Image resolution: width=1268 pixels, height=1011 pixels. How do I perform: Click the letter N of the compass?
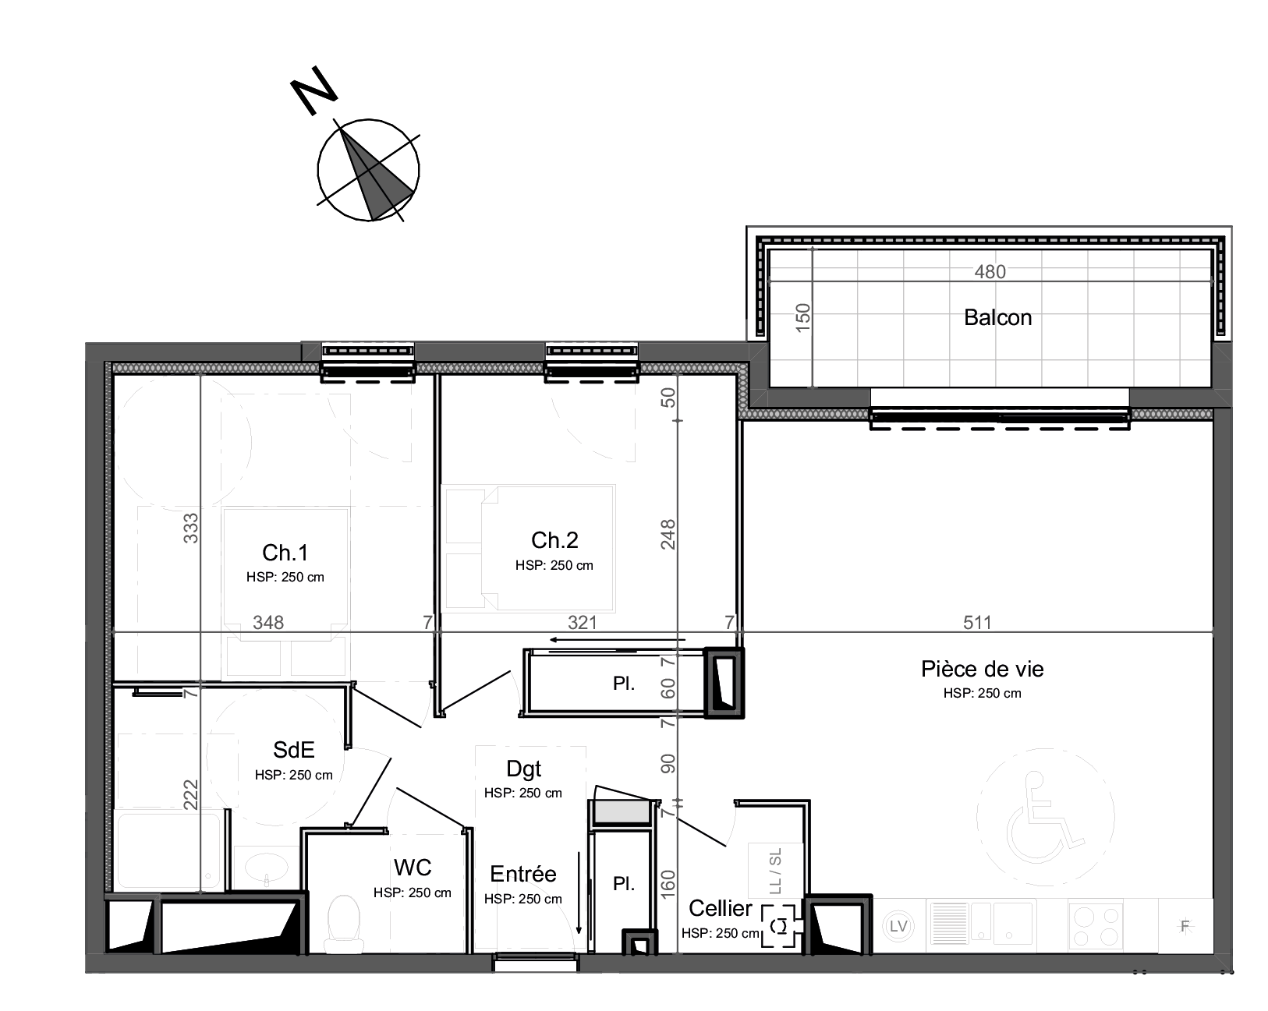click(314, 90)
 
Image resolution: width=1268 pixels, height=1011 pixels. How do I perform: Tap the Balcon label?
click(997, 317)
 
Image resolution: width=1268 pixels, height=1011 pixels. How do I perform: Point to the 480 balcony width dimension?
click(990, 271)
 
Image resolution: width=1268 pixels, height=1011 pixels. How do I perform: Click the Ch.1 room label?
click(285, 553)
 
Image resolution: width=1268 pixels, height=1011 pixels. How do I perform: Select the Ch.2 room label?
click(554, 539)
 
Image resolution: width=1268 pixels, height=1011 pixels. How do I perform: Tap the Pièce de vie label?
click(983, 669)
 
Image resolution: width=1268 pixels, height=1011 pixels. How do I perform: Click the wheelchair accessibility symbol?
click(1045, 817)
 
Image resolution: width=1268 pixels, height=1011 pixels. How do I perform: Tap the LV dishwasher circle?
click(898, 926)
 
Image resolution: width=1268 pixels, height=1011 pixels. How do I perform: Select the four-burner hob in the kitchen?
click(1096, 926)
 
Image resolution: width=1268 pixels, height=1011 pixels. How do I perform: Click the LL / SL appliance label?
click(775, 870)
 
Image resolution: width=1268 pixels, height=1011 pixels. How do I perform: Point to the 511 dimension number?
click(977, 622)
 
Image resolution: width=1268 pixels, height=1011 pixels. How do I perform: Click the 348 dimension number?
click(268, 622)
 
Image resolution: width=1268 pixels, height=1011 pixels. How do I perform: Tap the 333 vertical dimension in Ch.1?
click(191, 528)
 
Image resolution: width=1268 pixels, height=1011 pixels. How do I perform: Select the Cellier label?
click(721, 908)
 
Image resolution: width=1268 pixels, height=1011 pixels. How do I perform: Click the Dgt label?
click(524, 769)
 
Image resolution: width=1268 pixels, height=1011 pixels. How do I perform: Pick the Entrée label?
click(523, 874)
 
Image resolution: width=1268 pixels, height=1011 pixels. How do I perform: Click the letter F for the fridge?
click(1185, 926)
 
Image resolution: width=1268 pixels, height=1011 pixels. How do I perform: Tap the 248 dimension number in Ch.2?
click(668, 535)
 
